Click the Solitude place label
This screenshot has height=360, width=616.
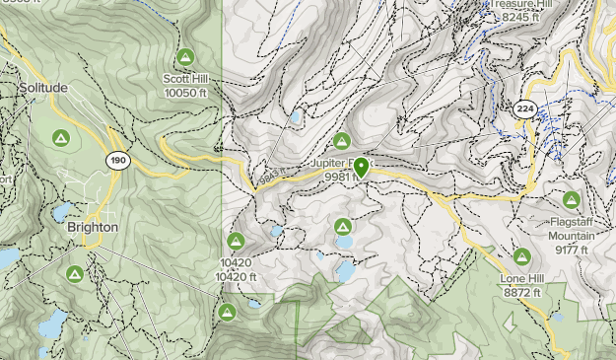click(43, 88)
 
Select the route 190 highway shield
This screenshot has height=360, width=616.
click(118, 160)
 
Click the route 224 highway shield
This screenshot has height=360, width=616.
click(523, 109)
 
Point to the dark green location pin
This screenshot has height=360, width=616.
click(362, 168)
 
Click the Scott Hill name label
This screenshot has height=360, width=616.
click(185, 79)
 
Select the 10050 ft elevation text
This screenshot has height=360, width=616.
click(185, 92)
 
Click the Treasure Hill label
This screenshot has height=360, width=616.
click(514, 4)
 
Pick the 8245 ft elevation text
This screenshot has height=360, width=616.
click(520, 17)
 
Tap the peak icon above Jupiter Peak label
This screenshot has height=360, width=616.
click(342, 141)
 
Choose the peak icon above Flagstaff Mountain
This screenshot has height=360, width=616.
click(571, 198)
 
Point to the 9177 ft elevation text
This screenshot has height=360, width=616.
click(571, 250)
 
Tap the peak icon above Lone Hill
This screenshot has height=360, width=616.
click(522, 257)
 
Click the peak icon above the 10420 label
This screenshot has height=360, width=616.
click(236, 242)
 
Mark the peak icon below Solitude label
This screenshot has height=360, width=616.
click(59, 137)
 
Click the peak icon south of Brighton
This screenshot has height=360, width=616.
click(74, 273)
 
